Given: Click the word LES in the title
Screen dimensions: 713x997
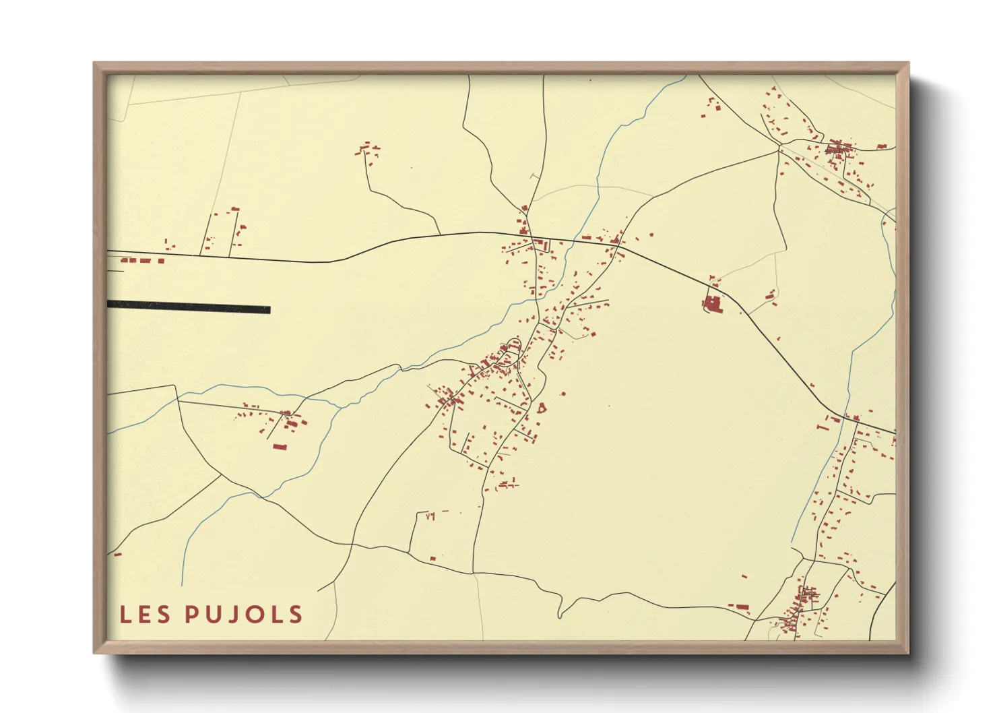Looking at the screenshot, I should click(x=145, y=614).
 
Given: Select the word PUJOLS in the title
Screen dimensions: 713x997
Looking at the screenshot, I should click(x=244, y=614).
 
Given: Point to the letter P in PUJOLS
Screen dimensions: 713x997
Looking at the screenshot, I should click(x=192, y=614).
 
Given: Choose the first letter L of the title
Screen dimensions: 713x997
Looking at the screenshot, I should click(x=126, y=614).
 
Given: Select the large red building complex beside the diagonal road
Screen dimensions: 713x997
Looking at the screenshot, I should click(x=712, y=303).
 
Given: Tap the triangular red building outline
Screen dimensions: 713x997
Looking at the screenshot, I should click(x=541, y=407).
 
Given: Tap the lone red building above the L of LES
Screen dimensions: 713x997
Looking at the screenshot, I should click(x=117, y=555).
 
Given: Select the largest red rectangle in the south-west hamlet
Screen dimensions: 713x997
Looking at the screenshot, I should click(x=280, y=446).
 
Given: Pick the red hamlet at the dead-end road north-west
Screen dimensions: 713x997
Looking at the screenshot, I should click(x=367, y=149).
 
